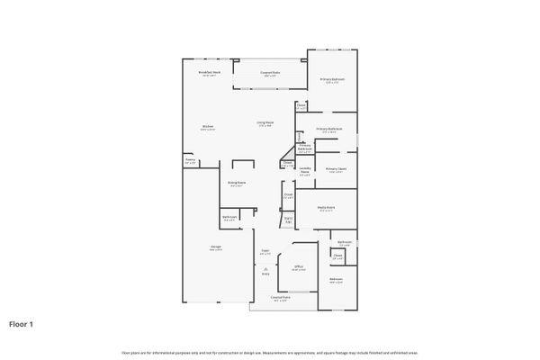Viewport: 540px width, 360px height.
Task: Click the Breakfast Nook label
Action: point(209,74)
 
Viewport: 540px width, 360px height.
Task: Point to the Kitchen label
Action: point(207,128)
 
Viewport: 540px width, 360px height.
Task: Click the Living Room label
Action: point(265,124)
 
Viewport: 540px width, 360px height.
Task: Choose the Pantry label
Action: point(190,161)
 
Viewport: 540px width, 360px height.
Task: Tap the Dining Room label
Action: point(236,184)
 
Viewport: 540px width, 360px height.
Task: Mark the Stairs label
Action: point(288,219)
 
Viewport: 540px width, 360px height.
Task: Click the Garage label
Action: point(216,247)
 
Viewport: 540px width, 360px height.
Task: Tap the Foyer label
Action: point(265,252)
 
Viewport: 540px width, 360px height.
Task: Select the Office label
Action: point(299,267)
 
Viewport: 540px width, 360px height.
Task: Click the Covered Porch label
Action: point(280,297)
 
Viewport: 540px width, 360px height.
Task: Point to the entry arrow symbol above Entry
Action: point(265,267)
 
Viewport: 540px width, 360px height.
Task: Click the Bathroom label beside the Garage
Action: point(229,217)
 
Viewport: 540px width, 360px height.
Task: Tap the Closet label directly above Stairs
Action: point(288,195)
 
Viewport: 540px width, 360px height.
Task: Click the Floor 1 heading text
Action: point(22,323)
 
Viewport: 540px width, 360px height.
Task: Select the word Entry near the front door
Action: point(265,274)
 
